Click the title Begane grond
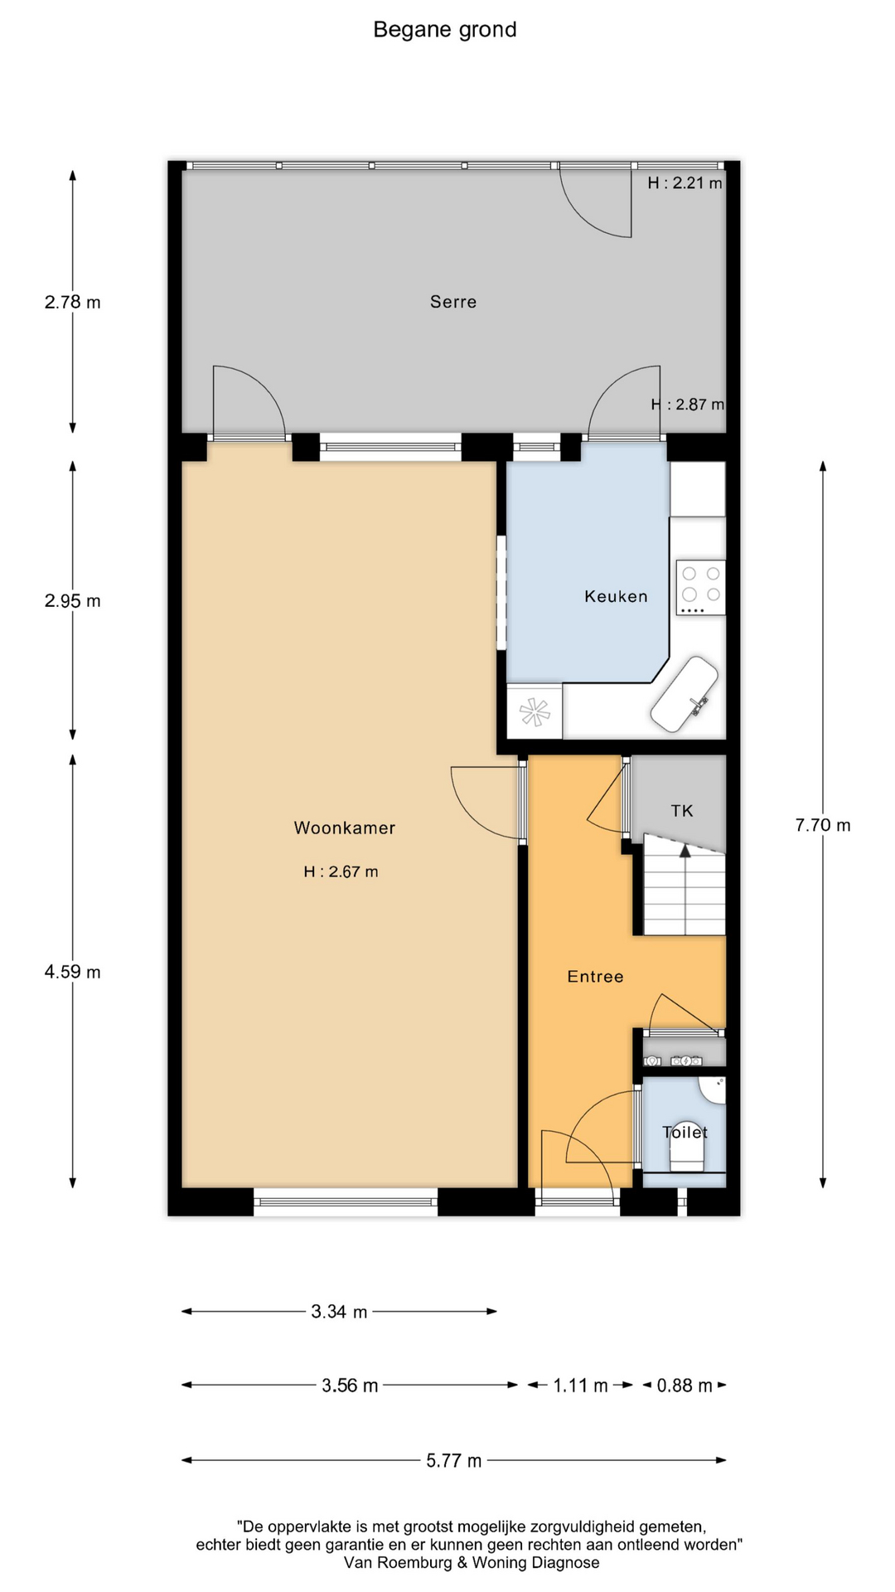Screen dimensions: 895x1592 click(x=445, y=30)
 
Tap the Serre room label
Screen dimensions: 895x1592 click(x=453, y=302)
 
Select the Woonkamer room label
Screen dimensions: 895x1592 click(x=345, y=828)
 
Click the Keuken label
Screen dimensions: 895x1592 click(x=616, y=596)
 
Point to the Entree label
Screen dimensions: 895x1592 click(x=595, y=977)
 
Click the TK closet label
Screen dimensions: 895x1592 click(x=682, y=811)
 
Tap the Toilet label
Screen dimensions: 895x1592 click(x=685, y=1132)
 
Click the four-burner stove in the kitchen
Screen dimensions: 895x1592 click(x=701, y=588)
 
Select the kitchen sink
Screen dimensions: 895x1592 click(x=685, y=695)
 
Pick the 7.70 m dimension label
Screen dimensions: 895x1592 click(x=823, y=825)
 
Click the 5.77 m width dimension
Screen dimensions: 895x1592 click(x=454, y=1460)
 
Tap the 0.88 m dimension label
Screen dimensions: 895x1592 click(x=685, y=1386)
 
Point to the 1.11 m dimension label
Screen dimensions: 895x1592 click(x=581, y=1386)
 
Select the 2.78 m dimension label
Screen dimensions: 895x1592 click(x=73, y=302)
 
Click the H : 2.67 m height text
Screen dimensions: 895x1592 click(x=341, y=871)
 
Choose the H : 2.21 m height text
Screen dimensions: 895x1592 click(x=685, y=183)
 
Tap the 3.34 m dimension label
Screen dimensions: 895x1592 click(x=340, y=1312)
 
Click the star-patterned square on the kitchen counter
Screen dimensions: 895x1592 click(x=535, y=711)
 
